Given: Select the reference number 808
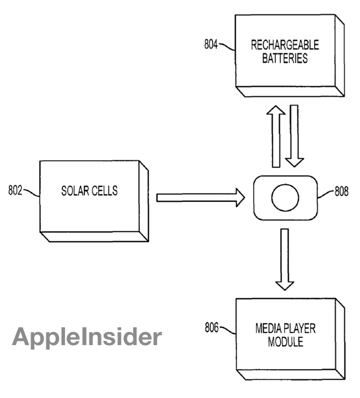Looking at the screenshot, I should click(x=341, y=192).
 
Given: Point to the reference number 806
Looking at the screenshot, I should click(x=211, y=328).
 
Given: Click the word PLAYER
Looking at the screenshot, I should click(x=299, y=329).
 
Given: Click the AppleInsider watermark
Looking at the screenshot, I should click(x=87, y=337).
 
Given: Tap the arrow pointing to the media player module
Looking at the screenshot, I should click(x=284, y=260).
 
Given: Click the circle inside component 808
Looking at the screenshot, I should click(x=285, y=197).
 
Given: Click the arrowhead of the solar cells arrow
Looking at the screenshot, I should click(x=238, y=197).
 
